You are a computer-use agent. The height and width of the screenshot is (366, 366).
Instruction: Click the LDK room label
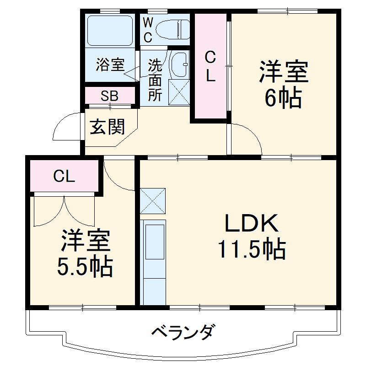pyautogui.click(x=251, y=224)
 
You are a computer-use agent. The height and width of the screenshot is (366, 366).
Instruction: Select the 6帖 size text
pyautogui.click(x=283, y=97)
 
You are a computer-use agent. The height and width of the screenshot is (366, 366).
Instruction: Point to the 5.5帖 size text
pyautogui.click(x=85, y=267)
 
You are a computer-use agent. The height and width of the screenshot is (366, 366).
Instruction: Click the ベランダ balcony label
pyautogui.click(x=183, y=331)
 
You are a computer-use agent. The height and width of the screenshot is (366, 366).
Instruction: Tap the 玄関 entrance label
pyautogui.click(x=107, y=127)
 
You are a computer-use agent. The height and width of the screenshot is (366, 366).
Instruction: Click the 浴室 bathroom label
pyautogui.click(x=110, y=65)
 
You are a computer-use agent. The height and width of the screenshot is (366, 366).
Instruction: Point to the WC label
pyautogui.click(x=147, y=30)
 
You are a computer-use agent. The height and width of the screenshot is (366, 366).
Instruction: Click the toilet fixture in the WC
pyautogui.click(x=172, y=30)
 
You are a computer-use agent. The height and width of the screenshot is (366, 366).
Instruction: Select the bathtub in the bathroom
pyautogui.click(x=110, y=31)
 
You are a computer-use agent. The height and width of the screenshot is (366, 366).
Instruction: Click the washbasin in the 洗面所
pyautogui.click(x=179, y=64)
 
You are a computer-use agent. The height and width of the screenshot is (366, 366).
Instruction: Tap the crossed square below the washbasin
pyautogui.click(x=179, y=92)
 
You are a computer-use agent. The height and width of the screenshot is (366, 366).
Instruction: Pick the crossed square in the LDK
pyautogui.click(x=153, y=201)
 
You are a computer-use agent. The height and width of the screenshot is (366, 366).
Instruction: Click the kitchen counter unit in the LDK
pyautogui.click(x=153, y=261)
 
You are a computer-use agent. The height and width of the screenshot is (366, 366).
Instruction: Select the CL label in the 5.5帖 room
pyautogui.click(x=64, y=176)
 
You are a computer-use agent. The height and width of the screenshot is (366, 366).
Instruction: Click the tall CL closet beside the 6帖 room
pyautogui.click(x=210, y=67)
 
